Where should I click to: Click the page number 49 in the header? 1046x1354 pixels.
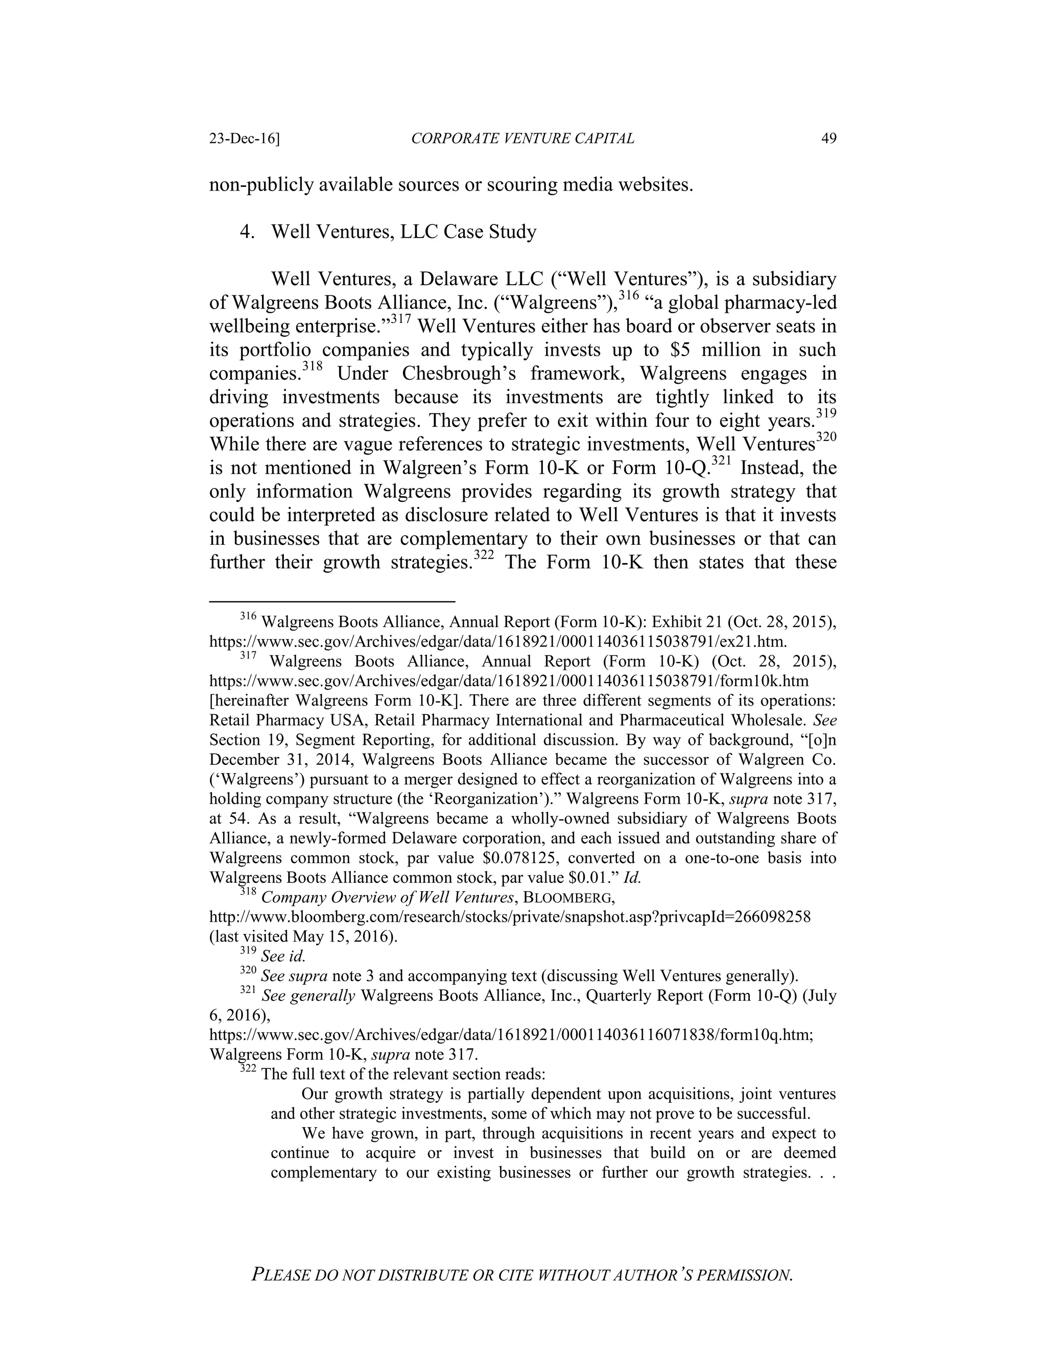(x=828, y=138)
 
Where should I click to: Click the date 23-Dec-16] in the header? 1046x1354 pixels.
(x=244, y=138)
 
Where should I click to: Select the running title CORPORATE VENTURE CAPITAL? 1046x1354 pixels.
(x=522, y=138)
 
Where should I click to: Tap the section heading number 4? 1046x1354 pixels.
(x=247, y=232)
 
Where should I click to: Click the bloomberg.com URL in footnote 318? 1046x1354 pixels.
(x=509, y=917)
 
